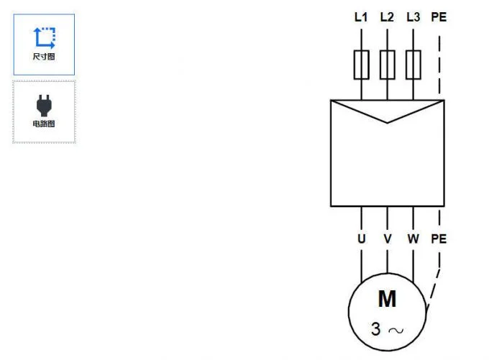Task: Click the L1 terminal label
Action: (361, 17)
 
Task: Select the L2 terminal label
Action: (387, 17)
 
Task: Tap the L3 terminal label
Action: (413, 17)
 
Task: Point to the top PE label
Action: (438, 17)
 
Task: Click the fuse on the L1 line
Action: (361, 65)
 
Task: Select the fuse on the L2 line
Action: (387, 65)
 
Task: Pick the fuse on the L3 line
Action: (413, 65)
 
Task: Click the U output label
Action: (361, 239)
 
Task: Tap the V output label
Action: (388, 239)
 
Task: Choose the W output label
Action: (413, 239)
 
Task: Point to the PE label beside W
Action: (438, 239)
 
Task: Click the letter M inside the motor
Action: (388, 299)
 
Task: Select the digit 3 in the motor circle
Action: (376, 329)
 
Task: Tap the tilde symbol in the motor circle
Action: (396, 330)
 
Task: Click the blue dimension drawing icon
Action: (44, 37)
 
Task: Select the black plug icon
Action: (44, 105)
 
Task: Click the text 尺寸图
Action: (44, 57)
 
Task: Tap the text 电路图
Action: (44, 124)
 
